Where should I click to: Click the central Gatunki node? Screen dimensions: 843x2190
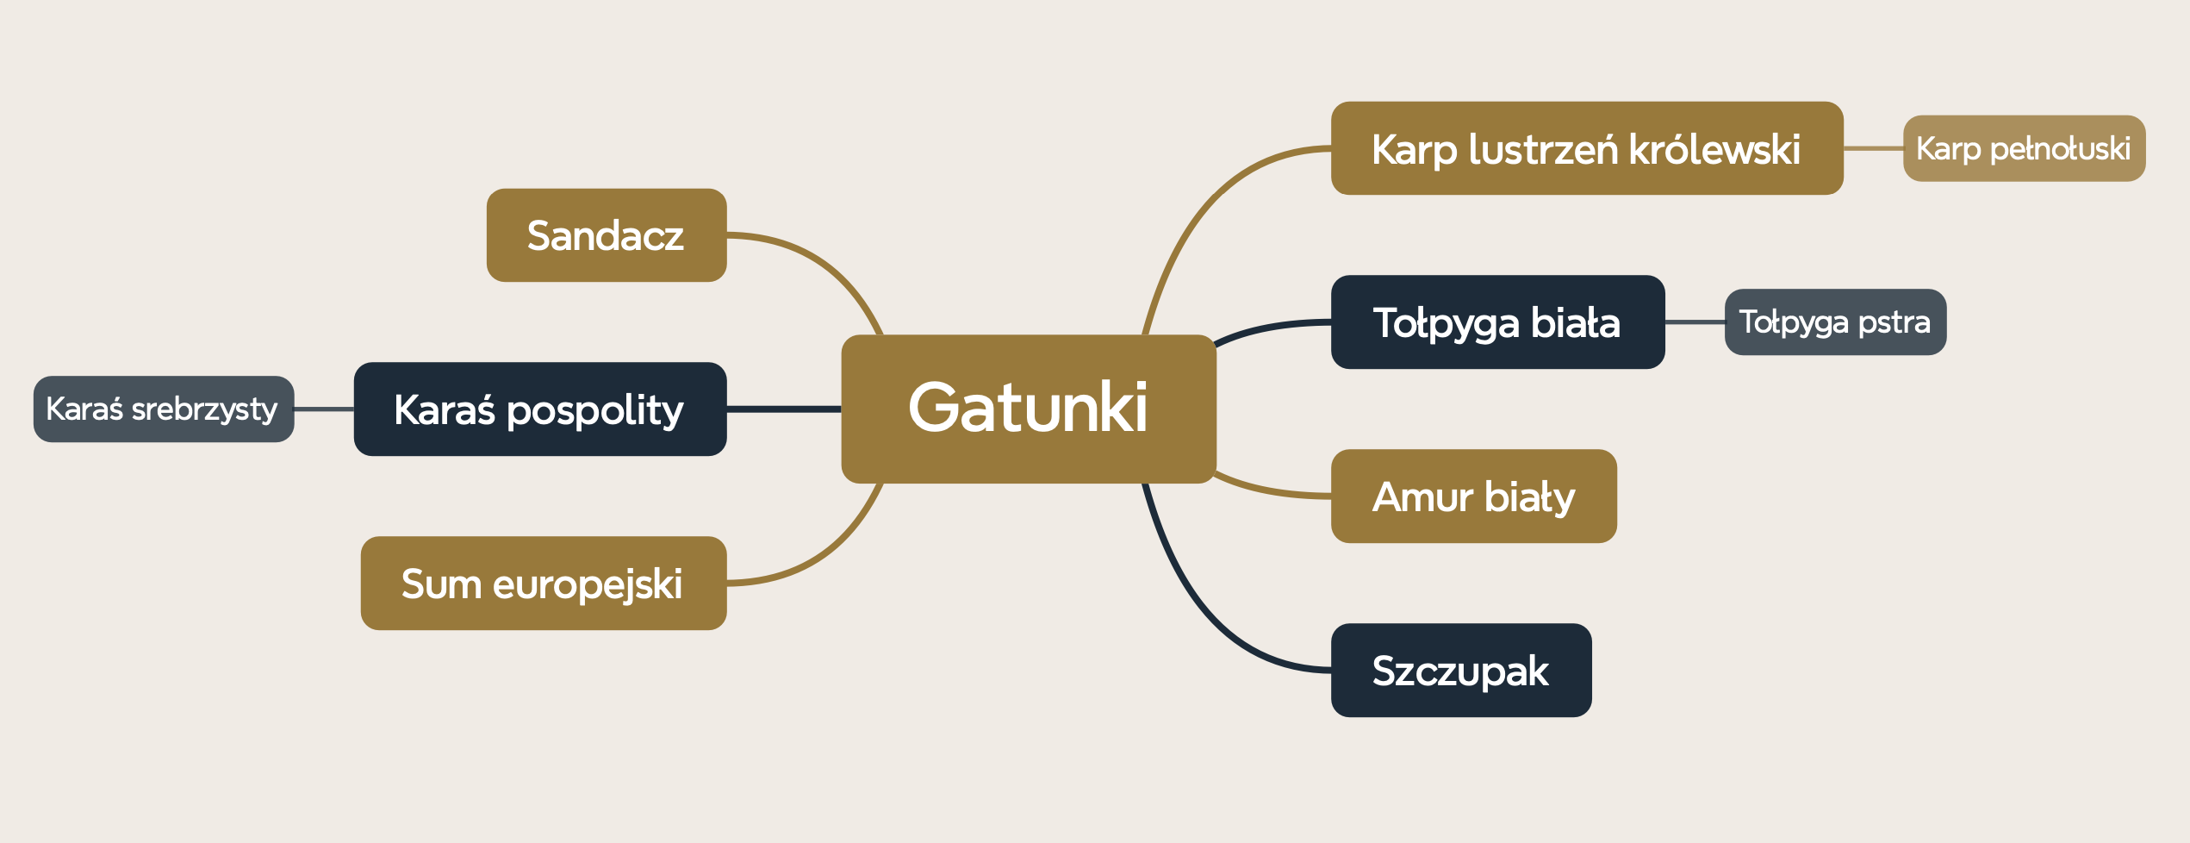pyautogui.click(x=1028, y=409)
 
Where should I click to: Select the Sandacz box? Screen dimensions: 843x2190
pyautogui.click(x=606, y=235)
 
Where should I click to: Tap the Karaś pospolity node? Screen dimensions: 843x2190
pyautogui.click(x=539, y=409)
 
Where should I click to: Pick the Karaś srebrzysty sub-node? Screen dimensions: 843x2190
pyautogui.click(x=163, y=409)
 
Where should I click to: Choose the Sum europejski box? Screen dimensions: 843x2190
pyautogui.click(x=543, y=584)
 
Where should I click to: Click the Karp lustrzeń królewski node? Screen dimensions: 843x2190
pyautogui.click(x=1586, y=148)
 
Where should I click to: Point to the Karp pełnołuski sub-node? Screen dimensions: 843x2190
pyautogui.click(x=2023, y=148)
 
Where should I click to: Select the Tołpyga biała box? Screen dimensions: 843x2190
pyautogui.click(x=1496, y=322)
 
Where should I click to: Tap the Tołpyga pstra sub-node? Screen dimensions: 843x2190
pyautogui.click(x=1834, y=322)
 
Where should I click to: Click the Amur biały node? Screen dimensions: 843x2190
pyautogui.click(x=1473, y=496)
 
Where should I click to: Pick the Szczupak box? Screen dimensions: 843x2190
pyautogui.click(x=1460, y=671)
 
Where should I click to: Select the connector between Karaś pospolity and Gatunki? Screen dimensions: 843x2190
pyautogui.click(x=784, y=409)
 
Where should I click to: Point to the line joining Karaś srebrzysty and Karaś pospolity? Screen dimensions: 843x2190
pyautogui.click(x=324, y=409)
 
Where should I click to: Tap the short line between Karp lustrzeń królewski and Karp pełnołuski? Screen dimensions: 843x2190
pyautogui.click(x=1873, y=148)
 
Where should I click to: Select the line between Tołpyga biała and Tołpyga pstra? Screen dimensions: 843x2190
pyautogui.click(x=1695, y=322)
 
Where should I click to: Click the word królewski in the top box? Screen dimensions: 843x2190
pyautogui.click(x=1714, y=149)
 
